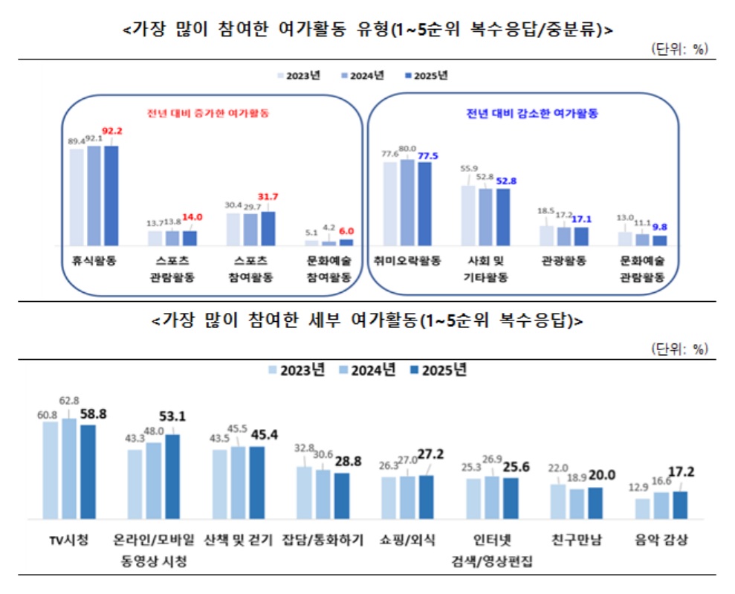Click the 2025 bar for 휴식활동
[111, 195]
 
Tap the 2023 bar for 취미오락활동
[390, 203]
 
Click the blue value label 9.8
[660, 227]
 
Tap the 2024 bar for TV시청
[70, 468]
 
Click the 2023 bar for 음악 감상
[643, 509]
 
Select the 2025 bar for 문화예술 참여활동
[346, 242]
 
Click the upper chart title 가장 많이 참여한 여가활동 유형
[367, 29]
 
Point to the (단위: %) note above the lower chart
[679, 348]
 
